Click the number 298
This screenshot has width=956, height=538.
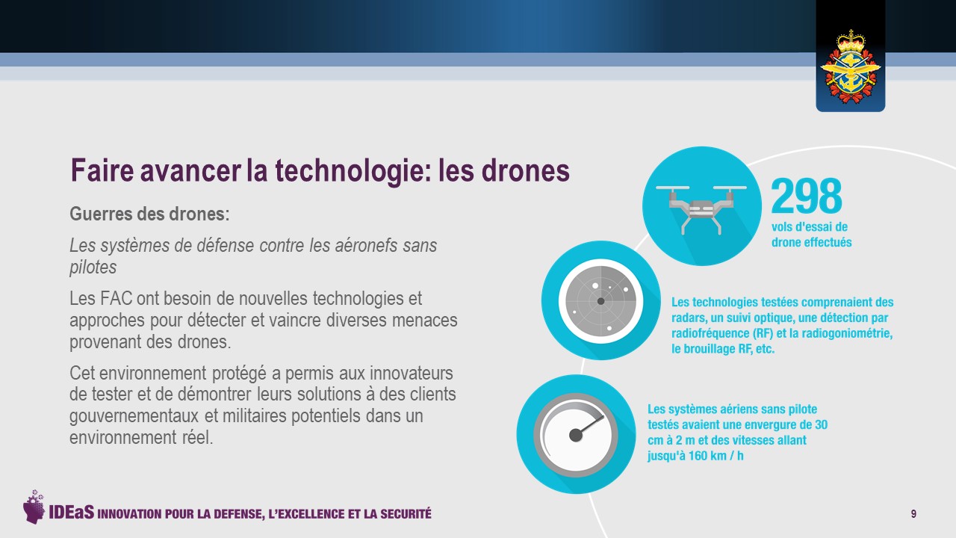coord(806,196)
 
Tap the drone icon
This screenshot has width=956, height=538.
coord(701,209)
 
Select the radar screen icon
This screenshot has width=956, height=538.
coord(601,301)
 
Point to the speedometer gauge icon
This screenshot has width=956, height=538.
coord(576,435)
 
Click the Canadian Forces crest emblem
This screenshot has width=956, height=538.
coord(851,67)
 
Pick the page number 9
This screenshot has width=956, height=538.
coord(913,513)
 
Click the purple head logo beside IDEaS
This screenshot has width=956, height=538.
coord(34,507)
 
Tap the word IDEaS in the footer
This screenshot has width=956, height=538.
coord(71,513)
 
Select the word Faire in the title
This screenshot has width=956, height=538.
coord(102,170)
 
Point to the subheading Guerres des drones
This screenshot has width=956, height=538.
coord(149,214)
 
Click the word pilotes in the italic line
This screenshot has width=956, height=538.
coord(93,268)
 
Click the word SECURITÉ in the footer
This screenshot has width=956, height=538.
coord(406,513)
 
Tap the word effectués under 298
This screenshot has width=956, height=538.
coord(828,243)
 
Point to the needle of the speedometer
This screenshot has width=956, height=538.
coord(589,426)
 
